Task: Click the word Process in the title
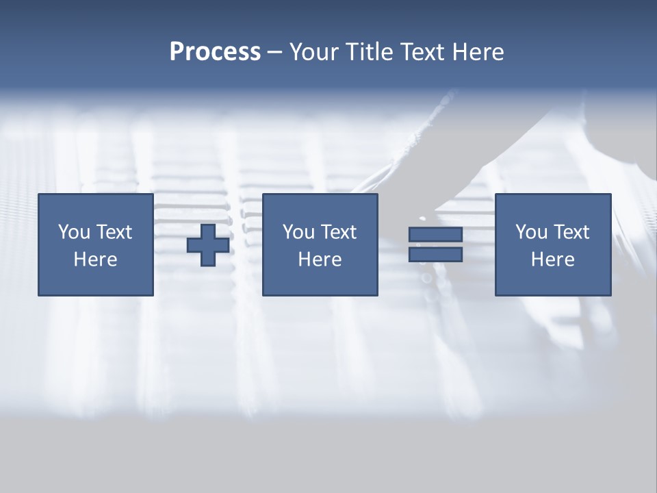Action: coord(215,52)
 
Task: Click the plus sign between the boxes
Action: coord(208,245)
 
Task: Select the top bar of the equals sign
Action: coord(435,234)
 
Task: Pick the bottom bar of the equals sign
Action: coord(435,255)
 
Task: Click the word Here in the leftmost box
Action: coord(95,260)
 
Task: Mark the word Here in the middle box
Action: coord(320,260)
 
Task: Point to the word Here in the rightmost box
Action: coord(552,260)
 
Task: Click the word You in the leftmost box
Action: coord(74,232)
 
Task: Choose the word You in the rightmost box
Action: coord(531,232)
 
